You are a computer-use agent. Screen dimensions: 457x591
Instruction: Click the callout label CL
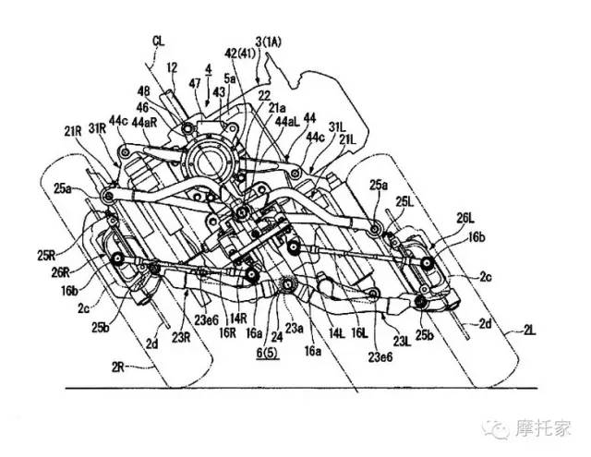coord(158,41)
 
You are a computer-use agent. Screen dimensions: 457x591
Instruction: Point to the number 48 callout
coord(143,91)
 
